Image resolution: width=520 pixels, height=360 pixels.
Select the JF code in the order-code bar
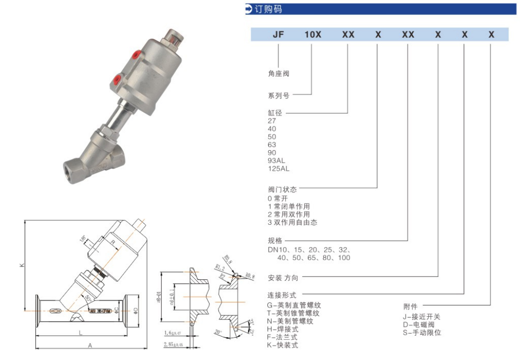278,35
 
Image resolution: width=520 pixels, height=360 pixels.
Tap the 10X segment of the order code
313,35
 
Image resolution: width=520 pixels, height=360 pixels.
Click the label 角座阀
278,74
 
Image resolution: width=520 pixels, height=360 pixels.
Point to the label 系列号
278,94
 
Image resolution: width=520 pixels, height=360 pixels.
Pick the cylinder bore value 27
272,121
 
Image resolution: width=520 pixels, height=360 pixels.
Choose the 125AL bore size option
278,169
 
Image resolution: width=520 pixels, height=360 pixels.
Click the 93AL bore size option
276,161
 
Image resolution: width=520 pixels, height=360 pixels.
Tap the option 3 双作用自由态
292,222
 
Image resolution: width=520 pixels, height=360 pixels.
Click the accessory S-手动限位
422,333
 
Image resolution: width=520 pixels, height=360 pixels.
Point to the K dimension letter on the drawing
22,265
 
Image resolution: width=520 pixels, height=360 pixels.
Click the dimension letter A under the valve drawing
89,346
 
